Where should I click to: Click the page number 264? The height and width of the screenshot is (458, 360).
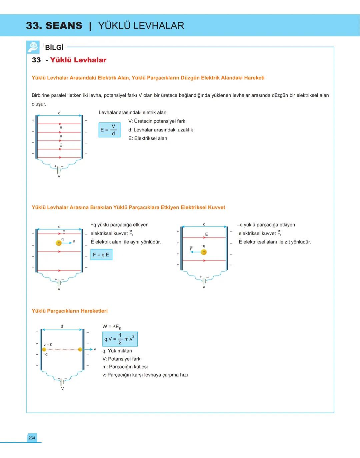(32, 438)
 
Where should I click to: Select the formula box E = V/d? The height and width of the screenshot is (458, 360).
(109, 130)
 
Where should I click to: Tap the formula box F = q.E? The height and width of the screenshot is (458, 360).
(101, 255)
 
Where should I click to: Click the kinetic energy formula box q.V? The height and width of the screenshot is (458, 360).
(120, 339)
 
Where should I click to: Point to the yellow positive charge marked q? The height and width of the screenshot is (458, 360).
(59, 243)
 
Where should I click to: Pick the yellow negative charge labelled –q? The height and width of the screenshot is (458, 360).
(204, 252)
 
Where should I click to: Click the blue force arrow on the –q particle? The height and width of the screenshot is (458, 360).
(196, 252)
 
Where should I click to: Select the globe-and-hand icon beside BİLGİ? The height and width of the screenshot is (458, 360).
(33, 47)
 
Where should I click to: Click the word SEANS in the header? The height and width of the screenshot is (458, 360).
(64, 26)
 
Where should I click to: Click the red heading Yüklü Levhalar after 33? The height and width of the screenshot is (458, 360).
(78, 60)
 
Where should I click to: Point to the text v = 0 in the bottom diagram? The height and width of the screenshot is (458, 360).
(48, 345)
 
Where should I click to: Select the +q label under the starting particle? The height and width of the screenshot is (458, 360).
(45, 354)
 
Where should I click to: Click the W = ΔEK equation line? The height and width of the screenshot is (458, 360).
(112, 327)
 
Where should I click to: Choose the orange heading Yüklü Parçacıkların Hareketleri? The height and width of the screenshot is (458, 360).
(70, 311)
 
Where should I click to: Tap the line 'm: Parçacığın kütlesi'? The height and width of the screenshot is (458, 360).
(125, 367)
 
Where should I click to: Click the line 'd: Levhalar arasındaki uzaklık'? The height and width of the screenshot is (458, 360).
(161, 130)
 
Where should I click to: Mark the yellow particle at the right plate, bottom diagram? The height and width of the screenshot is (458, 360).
(80, 349)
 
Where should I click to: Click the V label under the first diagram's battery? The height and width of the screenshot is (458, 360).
(59, 176)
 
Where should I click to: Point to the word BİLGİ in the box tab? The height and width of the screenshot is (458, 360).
(54, 47)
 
